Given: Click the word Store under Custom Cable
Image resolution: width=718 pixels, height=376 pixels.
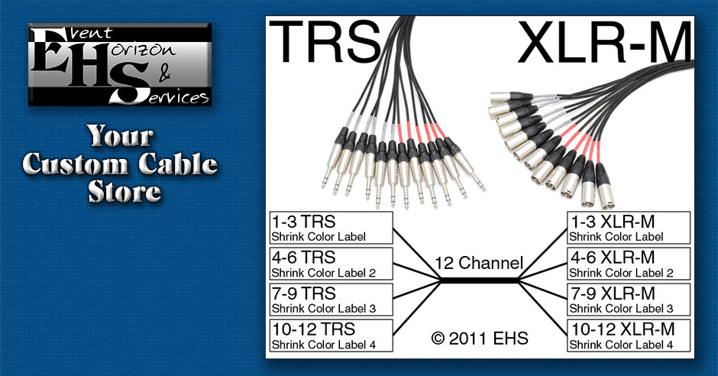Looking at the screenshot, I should coord(121,190).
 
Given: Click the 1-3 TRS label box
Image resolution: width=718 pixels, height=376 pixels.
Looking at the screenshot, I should coord(331,227).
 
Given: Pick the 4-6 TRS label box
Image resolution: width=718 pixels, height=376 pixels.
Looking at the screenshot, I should coord(331,263).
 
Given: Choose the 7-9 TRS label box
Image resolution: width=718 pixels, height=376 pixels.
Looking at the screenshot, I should coord(331,300).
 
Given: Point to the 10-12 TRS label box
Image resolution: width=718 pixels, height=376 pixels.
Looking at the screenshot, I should coord(331,335).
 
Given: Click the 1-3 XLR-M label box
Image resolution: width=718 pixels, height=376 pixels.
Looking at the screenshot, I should coord(629,227).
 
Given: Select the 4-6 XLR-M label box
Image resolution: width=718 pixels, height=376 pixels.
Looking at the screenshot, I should coord(629,263).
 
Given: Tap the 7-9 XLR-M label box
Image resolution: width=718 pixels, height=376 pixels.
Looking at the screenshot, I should coord(629,300).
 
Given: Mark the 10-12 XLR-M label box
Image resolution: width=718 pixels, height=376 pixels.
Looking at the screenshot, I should coord(629,335).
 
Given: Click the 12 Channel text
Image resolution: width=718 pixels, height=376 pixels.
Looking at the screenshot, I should coord(479,264).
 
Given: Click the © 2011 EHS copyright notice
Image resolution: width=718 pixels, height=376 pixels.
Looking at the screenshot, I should coord(479,336).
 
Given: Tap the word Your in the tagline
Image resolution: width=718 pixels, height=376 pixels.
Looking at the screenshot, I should coord(120,137).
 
